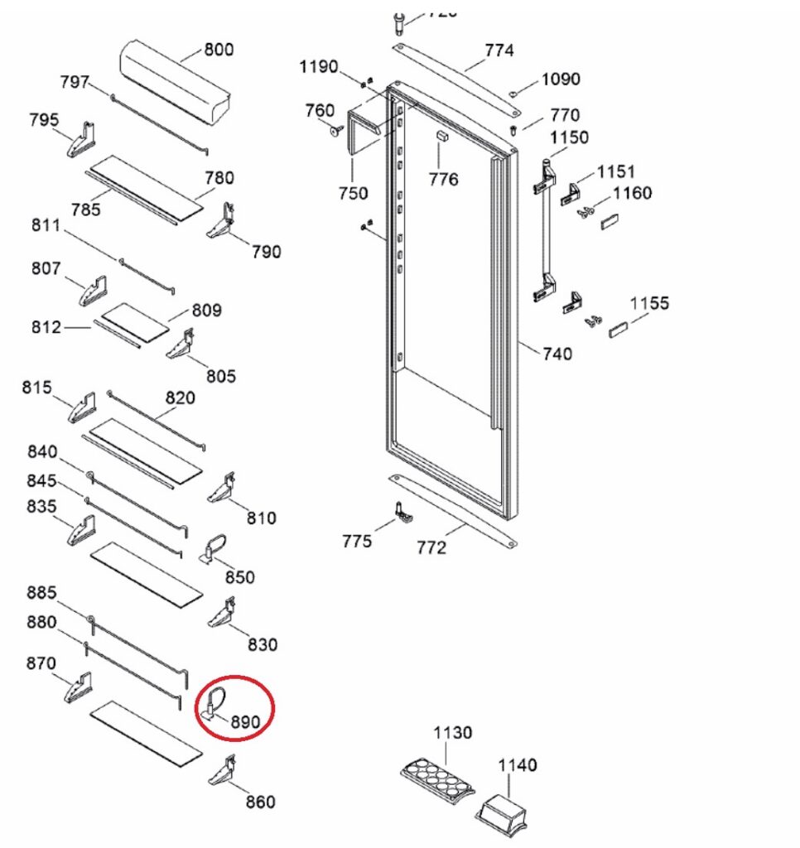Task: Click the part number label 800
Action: coord(219,50)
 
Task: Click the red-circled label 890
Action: coord(245,722)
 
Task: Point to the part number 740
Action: coord(557,354)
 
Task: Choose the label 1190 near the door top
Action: coord(319,66)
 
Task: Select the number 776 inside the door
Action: coord(443,179)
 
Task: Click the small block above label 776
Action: coord(442,136)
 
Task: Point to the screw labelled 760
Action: coord(337,130)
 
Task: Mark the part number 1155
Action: coord(649,303)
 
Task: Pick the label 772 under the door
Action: coord(431,547)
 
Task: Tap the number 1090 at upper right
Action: coord(561,79)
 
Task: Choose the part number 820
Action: coord(180,397)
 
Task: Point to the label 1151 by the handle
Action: coord(616,171)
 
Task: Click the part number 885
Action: coord(41,593)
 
